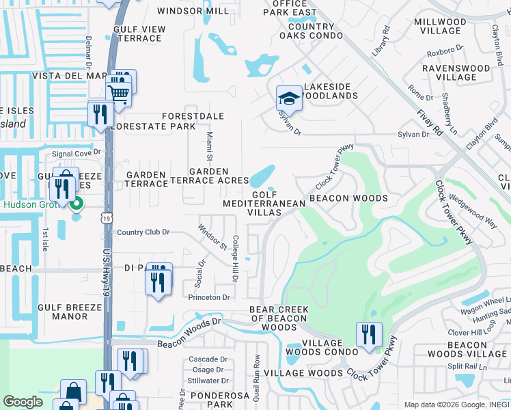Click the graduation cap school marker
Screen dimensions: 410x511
coord(289,98)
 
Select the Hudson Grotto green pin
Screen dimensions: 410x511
coord(77,204)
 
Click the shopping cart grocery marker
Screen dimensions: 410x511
coord(119,94)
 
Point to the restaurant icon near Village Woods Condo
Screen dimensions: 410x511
coord(368,334)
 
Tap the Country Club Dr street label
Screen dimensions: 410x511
coord(143,232)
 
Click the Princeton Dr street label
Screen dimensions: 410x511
coord(210,297)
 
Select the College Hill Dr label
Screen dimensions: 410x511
coord(234,259)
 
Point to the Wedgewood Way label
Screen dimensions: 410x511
coord(472,211)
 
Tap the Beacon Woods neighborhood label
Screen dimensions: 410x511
coord(348,198)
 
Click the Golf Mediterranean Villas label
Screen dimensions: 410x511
coord(253,204)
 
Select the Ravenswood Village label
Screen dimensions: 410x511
coord(456,73)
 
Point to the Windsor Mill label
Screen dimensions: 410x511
coord(193,11)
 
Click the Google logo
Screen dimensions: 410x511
coord(23,401)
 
